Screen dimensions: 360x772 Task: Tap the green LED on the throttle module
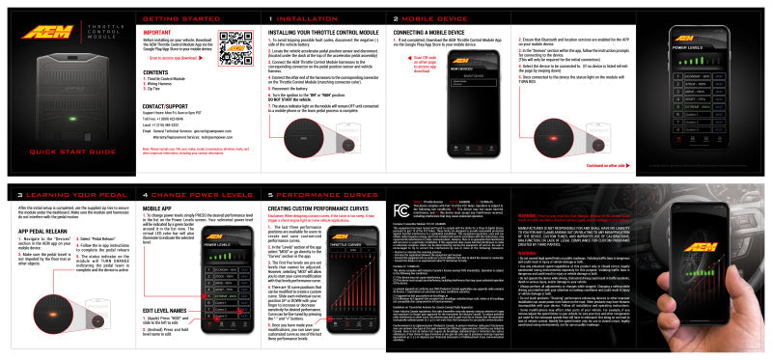(71, 121)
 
